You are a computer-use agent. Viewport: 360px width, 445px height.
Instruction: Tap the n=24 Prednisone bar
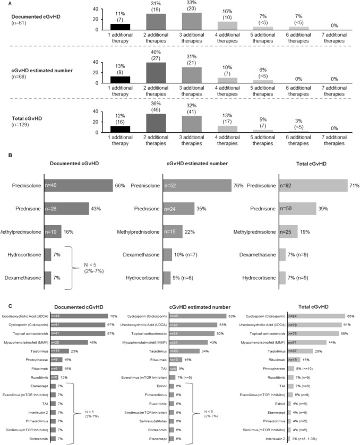(183, 209)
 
